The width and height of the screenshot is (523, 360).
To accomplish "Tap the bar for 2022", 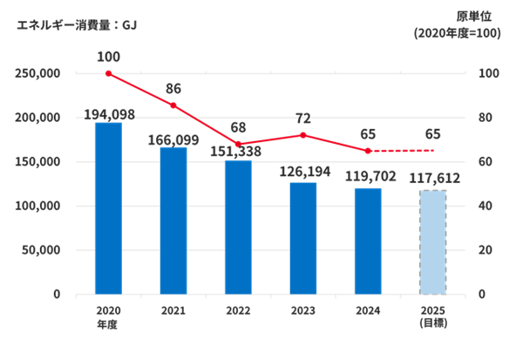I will pyautogui.click(x=238, y=227).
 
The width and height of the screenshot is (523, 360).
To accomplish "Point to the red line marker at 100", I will pyautogui.click(x=108, y=73).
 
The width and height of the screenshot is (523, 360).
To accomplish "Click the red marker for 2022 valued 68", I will pyautogui.click(x=238, y=144).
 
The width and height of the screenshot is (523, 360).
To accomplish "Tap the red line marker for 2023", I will pyautogui.click(x=303, y=135).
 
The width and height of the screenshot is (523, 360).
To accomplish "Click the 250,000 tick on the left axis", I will pyautogui.click(x=37, y=73).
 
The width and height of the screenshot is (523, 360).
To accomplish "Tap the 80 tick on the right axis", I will pyautogui.click(x=486, y=118).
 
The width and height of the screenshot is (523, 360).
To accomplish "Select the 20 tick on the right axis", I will pyautogui.click(x=486, y=250).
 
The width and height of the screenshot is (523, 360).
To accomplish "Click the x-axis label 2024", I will pyautogui.click(x=368, y=310).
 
